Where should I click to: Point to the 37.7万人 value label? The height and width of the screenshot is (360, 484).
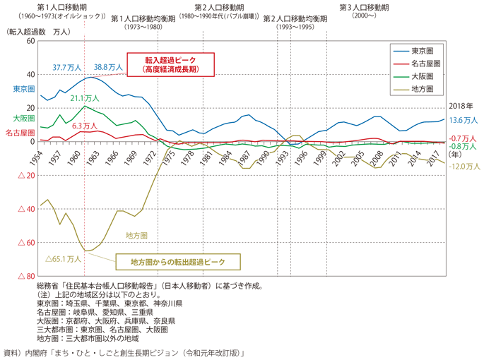(67, 67)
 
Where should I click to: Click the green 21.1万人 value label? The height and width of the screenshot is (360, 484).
(85, 98)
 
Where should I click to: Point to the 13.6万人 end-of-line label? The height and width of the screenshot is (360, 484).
(463, 120)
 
